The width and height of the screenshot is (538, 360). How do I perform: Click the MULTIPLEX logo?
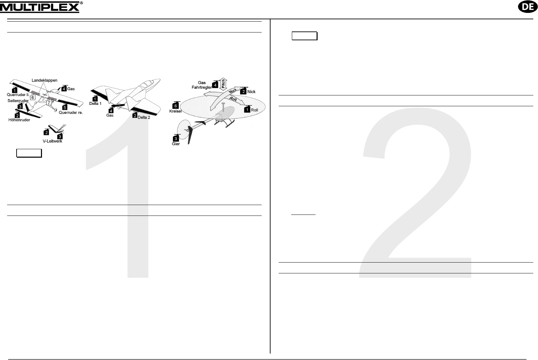tap(41, 7)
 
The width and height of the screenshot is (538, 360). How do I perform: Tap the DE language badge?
tap(528, 7)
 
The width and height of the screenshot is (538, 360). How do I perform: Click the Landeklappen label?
tap(44, 80)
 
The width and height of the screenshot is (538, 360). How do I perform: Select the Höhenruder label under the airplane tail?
tap(19, 120)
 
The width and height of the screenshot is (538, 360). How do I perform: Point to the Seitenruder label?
tap(18, 100)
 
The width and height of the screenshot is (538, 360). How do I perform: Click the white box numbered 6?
tap(33, 97)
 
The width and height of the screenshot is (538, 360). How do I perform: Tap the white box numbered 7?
tap(49, 103)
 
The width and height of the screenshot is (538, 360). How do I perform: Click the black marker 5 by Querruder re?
tap(65, 107)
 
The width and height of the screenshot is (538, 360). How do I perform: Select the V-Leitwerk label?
tap(52, 141)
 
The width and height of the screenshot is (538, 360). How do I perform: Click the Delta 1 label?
tap(95, 104)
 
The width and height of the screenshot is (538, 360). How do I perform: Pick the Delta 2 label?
tap(144, 117)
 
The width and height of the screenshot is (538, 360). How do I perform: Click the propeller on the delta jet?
tap(118, 105)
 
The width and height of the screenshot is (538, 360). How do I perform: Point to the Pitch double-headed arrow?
tap(223, 84)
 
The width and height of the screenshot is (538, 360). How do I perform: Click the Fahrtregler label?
tap(202, 87)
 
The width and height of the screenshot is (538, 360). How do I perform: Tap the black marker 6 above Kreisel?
tap(176, 105)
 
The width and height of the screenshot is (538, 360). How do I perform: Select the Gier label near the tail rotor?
tap(176, 144)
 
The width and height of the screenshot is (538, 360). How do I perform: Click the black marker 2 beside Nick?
tap(243, 91)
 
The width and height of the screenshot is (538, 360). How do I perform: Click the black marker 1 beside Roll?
tap(247, 109)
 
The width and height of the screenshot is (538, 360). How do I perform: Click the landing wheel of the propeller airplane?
tap(56, 110)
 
